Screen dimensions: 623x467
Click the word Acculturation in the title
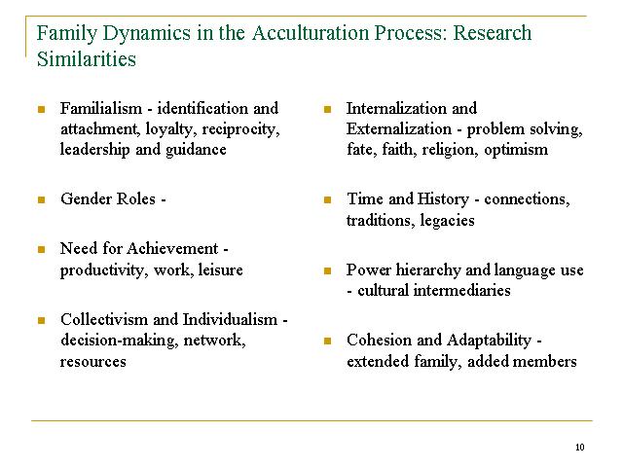click(311, 33)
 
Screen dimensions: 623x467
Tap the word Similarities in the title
click(87, 59)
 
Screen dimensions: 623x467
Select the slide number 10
click(580, 448)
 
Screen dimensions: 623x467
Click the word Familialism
click(101, 108)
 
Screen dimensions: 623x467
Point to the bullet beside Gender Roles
click(41, 199)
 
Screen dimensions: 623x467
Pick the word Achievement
click(173, 249)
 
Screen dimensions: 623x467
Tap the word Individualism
click(230, 320)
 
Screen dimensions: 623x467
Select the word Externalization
click(399, 129)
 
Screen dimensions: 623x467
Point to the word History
click(444, 199)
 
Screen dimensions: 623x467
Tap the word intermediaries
click(461, 290)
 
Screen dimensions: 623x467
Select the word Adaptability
click(489, 341)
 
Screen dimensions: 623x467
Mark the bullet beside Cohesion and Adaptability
click(327, 341)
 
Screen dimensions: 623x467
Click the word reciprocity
click(240, 129)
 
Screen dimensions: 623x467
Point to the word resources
click(93, 362)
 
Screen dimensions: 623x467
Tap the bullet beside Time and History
click(327, 199)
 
